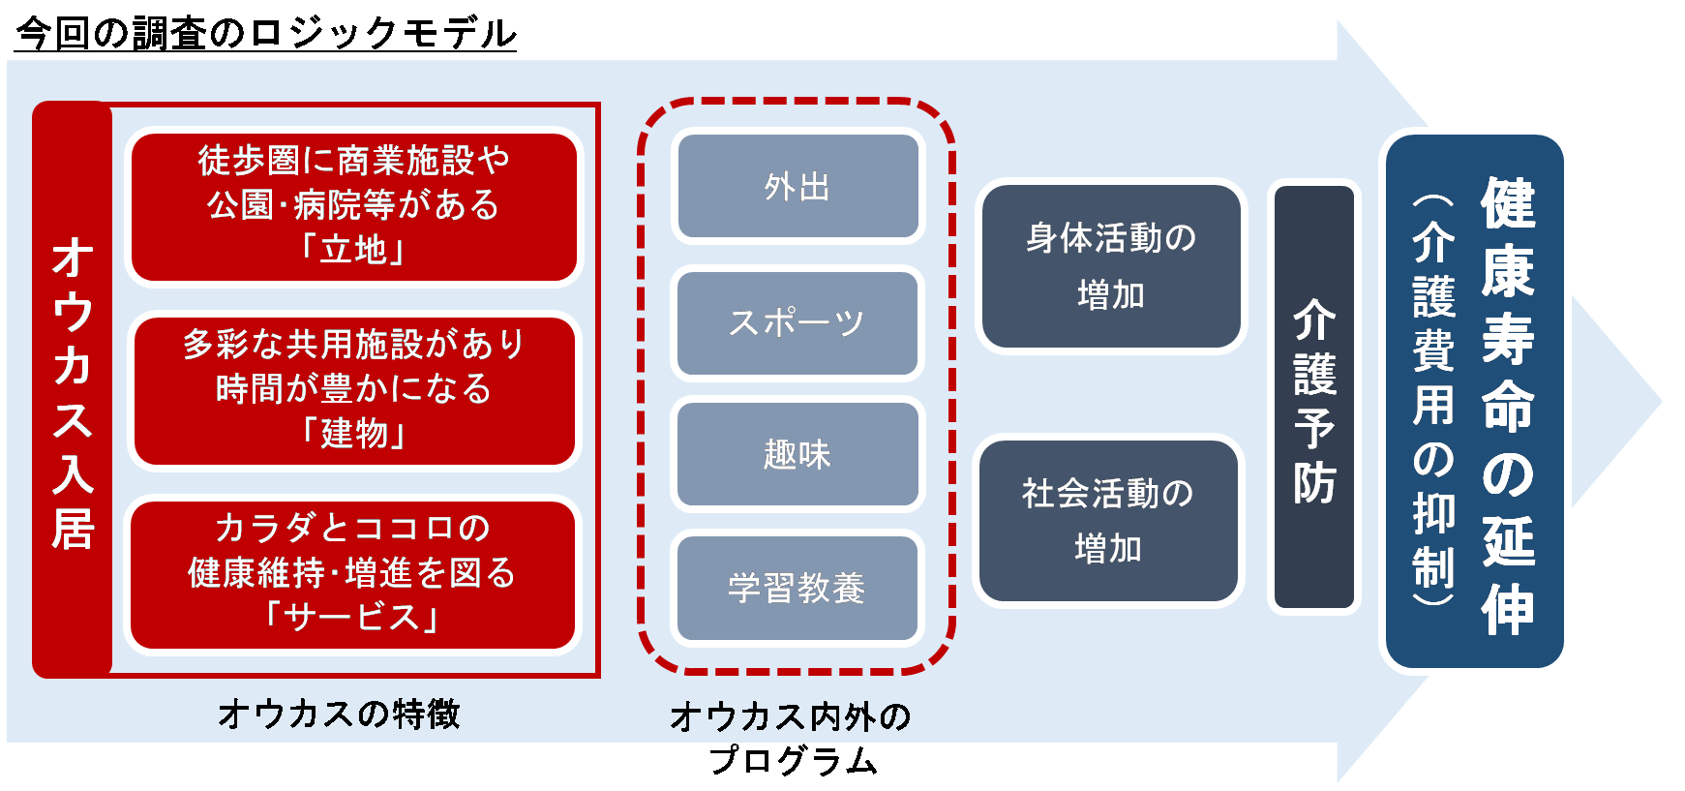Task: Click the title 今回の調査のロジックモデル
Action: (x=266, y=33)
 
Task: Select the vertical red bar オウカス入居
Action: (x=73, y=389)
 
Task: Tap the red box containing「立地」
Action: (x=353, y=206)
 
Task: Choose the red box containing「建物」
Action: (x=353, y=390)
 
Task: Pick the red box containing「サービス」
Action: (x=353, y=574)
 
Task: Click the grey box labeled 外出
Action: (x=797, y=186)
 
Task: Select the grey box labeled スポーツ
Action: (x=797, y=322)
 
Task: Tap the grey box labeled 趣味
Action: (x=797, y=454)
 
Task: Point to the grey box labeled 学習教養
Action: (x=797, y=588)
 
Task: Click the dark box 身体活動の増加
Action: (x=1111, y=266)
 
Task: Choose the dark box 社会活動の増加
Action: (x=1108, y=521)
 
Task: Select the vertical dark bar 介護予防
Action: (x=1313, y=397)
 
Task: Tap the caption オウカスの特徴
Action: (x=339, y=715)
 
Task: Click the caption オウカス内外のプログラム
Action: (x=792, y=738)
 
